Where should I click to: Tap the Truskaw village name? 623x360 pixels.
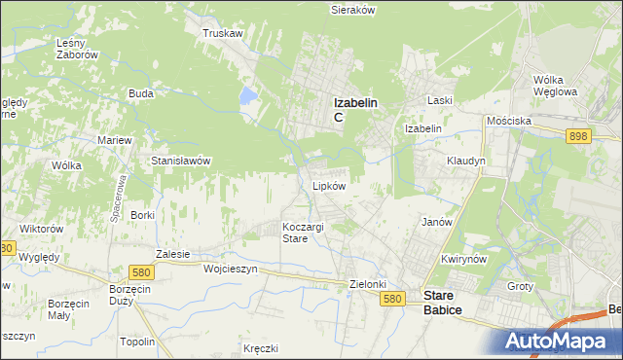coord(222,33)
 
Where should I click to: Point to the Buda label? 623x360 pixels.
coord(140,94)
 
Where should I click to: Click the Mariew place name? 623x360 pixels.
coord(114,140)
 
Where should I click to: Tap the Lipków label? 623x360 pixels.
coord(329,185)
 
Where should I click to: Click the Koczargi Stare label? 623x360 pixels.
coord(303,233)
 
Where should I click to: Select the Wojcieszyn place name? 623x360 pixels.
coord(230,270)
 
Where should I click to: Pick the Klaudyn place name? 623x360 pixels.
coord(465,161)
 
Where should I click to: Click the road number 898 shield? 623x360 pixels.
coord(578,138)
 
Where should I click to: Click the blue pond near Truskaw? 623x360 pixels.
coord(248,95)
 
